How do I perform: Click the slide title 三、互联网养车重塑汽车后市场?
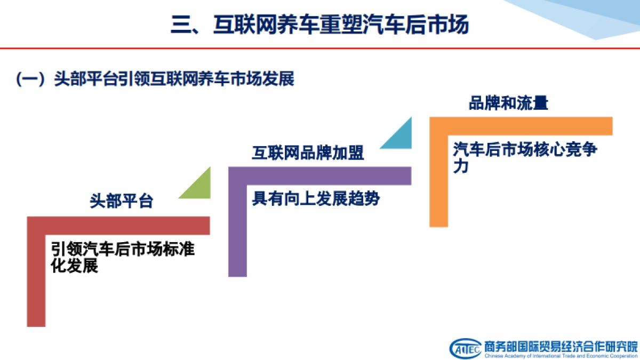pyautogui.click(x=319, y=25)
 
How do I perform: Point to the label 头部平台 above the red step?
pyautogui.click(x=122, y=201)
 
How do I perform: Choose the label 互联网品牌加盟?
pyautogui.click(x=308, y=153)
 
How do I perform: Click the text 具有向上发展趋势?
pyautogui.click(x=315, y=199)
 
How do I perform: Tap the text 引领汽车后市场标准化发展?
pyautogui.click(x=123, y=257)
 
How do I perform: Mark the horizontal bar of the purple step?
pyautogui.click(x=320, y=175)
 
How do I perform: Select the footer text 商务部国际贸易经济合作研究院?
pyautogui.click(x=561, y=345)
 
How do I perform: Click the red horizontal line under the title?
pyautogui.click(x=320, y=49)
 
